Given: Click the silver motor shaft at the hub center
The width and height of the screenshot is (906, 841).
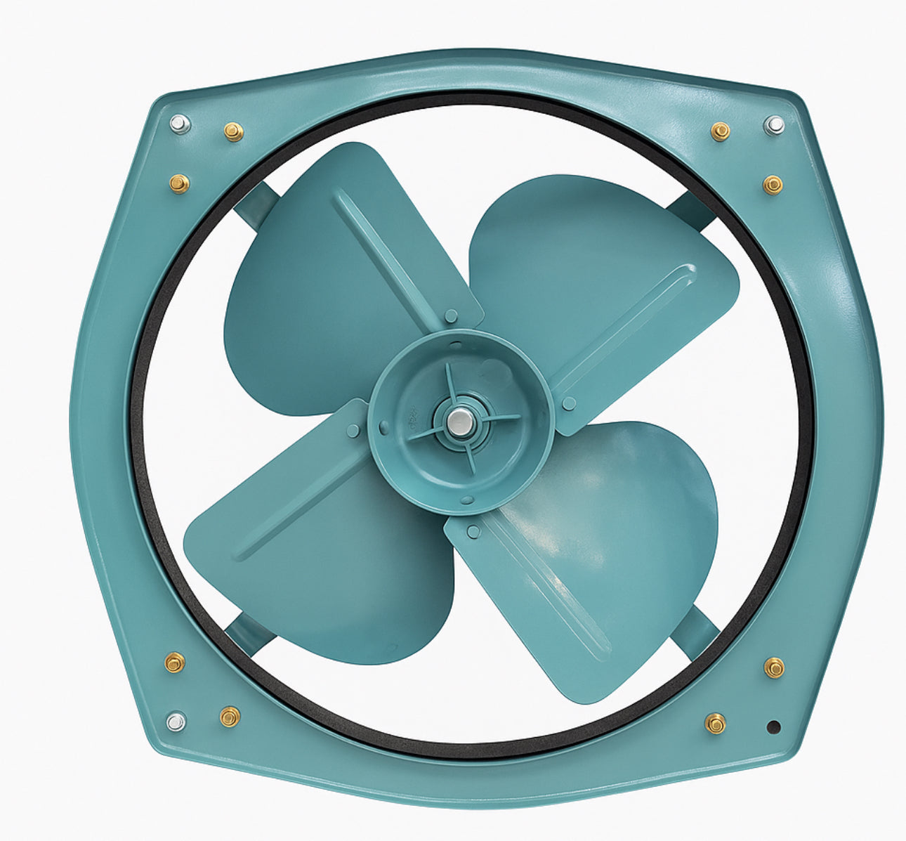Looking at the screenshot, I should coord(461,421).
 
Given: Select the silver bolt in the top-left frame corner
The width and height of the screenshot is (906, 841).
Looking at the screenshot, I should coord(180,124).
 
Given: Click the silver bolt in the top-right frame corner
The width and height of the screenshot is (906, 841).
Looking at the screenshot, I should coord(774,125).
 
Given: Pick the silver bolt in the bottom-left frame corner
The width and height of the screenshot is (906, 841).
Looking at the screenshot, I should coord(176,722).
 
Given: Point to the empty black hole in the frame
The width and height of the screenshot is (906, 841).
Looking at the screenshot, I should coord(774,727).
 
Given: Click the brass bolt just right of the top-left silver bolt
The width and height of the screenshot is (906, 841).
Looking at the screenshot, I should coord(233,131).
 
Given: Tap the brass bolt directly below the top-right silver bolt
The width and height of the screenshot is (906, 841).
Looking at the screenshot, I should coord(773,184).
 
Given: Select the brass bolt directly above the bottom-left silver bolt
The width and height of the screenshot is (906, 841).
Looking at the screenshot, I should coord(174,662).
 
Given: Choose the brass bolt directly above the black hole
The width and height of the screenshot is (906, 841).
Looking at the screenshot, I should coord(774,667).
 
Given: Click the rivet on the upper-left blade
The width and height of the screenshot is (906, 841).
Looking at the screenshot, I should coord(451,315).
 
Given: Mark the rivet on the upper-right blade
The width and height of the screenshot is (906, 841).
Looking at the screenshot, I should coord(569,403).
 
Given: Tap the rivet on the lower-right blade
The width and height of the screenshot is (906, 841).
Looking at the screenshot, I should coord(473,531).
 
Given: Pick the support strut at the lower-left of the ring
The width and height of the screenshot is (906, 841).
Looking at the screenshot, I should coord(246,632).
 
